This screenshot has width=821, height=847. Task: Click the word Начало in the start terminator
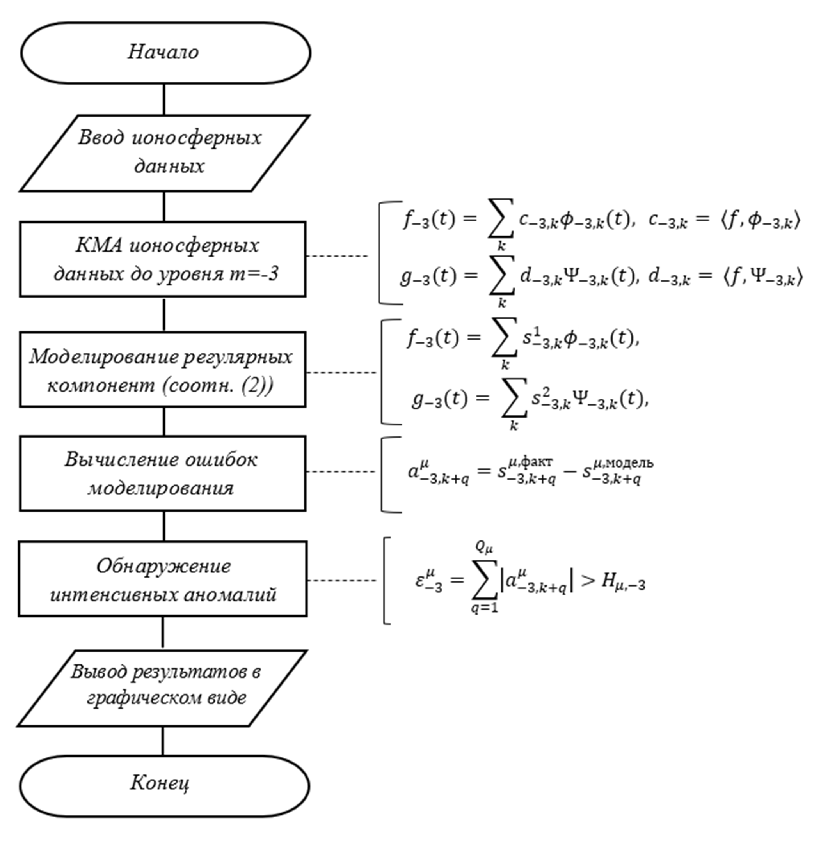pyautogui.click(x=163, y=52)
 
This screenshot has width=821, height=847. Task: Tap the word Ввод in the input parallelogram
pyautogui.click(x=102, y=138)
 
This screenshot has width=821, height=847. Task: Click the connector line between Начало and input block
pyautogui.click(x=164, y=99)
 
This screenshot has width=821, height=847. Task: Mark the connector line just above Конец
pyautogui.click(x=163, y=741)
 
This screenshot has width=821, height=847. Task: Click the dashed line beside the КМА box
pyautogui.click(x=337, y=256)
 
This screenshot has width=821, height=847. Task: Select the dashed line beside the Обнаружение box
pyautogui.click(x=341, y=580)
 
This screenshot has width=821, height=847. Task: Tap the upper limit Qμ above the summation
pyautogui.click(x=484, y=548)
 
